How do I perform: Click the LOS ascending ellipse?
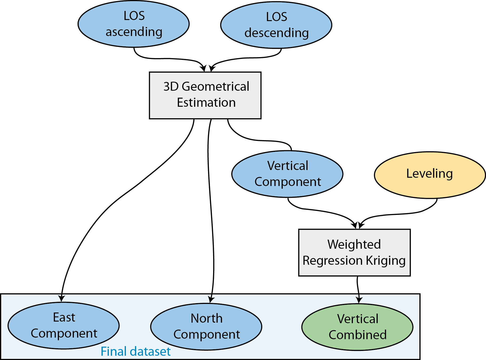134,24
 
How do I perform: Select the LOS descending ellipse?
276,25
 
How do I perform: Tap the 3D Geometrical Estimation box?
205,95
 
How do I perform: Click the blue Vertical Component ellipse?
287,174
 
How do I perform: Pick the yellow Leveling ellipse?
430,175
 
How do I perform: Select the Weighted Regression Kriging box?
354,252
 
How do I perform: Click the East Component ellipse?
63,326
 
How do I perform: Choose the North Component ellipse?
206,327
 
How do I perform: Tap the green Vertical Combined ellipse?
357,327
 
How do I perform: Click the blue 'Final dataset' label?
136,351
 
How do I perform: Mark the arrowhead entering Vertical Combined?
359,300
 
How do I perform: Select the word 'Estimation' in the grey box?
206,103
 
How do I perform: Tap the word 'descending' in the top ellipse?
277,33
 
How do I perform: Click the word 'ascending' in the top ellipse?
134,32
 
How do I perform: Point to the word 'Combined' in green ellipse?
357,335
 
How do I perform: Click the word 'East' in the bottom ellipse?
64,318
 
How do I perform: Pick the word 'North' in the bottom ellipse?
206,318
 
